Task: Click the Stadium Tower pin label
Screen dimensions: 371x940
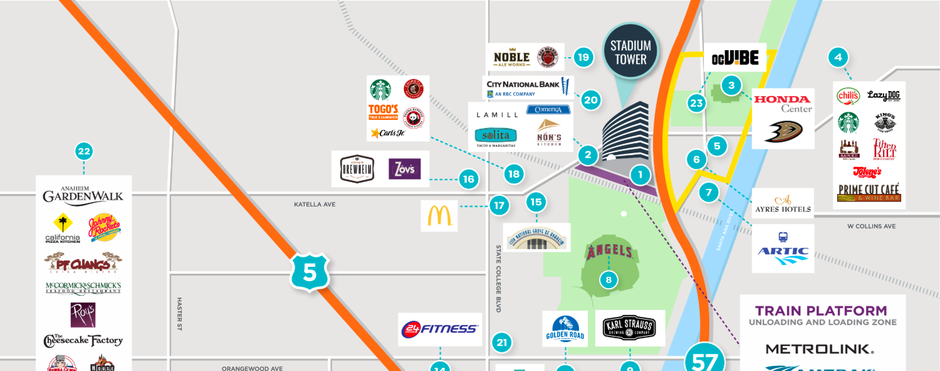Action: point(630,53)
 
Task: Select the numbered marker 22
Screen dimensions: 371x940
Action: point(84,151)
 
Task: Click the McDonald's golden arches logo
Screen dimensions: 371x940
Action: point(439,216)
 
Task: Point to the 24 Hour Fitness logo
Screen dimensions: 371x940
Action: point(441,329)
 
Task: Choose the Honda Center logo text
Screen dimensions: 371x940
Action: point(783,103)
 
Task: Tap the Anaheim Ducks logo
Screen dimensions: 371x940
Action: point(783,132)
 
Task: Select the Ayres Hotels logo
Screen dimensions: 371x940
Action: point(783,203)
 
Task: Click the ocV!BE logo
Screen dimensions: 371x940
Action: point(735,59)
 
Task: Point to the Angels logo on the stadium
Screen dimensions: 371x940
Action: point(609,252)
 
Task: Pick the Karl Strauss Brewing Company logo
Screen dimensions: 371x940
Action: point(629,328)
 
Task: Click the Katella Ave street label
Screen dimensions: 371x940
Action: point(315,205)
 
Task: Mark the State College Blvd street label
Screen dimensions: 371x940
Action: point(499,278)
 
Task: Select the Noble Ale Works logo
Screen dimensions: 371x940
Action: point(512,58)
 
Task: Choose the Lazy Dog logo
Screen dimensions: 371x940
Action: point(884,95)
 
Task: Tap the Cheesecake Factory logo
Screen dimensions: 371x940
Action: point(83,341)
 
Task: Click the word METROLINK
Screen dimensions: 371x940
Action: point(819,348)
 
